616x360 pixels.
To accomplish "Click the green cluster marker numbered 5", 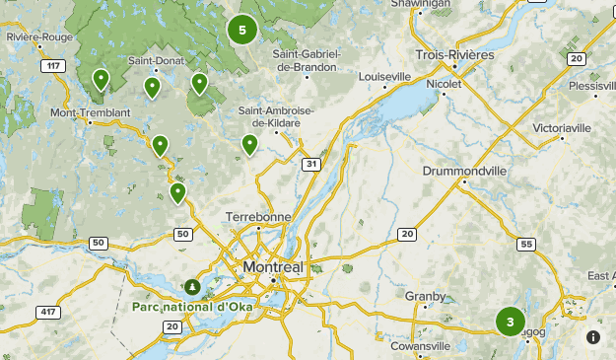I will pos(241,30).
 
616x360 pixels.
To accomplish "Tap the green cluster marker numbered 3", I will pos(510,322).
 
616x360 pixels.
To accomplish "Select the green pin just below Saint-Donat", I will pos(153,87).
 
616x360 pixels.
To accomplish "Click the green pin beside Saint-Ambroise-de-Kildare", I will pos(250,144).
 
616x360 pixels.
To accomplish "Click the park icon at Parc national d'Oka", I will pos(193,287).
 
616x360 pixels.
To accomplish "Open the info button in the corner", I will pos(593,337).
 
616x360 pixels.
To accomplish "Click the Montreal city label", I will pos(273,268).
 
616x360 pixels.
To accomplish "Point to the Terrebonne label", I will pos(258,216).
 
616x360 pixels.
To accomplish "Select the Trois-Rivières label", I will pos(454,54).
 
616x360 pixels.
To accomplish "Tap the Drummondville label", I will pos(464,171).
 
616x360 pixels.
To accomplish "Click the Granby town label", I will pos(426,296).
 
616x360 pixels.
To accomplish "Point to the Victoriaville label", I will pos(562,128).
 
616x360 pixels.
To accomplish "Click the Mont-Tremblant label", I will pos(90,113).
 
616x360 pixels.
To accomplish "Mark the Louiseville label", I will pos(384,76).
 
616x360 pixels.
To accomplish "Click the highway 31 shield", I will pos(311,163).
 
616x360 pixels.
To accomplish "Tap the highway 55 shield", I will pos(527,244).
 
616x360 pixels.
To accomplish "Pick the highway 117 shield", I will pos(51,66).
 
